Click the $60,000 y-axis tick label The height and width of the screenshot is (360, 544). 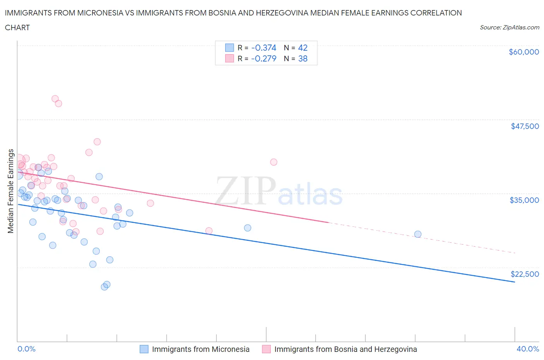[523, 52]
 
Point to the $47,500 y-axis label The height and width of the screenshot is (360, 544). [525, 126]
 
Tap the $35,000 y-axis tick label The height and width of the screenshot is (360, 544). [524, 200]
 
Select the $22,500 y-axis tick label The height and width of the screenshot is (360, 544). [525, 274]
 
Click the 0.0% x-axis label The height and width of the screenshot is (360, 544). [26, 349]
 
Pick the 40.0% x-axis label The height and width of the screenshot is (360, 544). [527, 349]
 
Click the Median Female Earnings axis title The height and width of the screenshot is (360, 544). [11, 191]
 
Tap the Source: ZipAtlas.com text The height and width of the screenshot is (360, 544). [509, 27]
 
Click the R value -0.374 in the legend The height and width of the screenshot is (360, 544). [263, 48]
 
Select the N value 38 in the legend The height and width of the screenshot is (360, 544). [303, 59]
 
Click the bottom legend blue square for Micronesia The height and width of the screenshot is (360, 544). [144, 349]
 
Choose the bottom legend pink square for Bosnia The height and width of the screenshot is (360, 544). [266, 349]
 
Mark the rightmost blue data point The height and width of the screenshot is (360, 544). [417, 234]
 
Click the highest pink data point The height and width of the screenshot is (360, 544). [55, 99]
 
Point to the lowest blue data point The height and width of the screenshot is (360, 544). [104, 287]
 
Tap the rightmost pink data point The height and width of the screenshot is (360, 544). [274, 162]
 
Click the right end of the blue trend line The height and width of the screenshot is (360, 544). [515, 282]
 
